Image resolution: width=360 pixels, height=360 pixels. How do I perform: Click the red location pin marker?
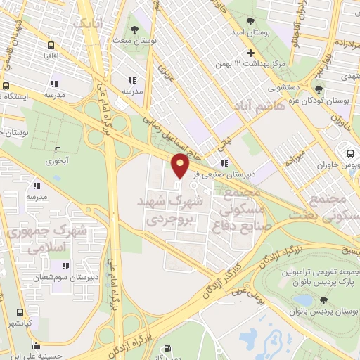click(x=181, y=166)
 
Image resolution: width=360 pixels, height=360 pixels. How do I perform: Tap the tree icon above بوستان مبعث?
click(x=134, y=30)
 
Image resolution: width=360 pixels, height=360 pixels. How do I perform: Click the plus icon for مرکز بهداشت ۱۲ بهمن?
click(x=250, y=53)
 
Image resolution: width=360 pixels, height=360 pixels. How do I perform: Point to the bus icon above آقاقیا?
click(x=51, y=44)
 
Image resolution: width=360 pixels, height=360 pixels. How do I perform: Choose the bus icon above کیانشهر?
click(x=20, y=312)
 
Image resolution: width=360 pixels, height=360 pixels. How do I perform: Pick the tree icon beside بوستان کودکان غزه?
click(x=319, y=89)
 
